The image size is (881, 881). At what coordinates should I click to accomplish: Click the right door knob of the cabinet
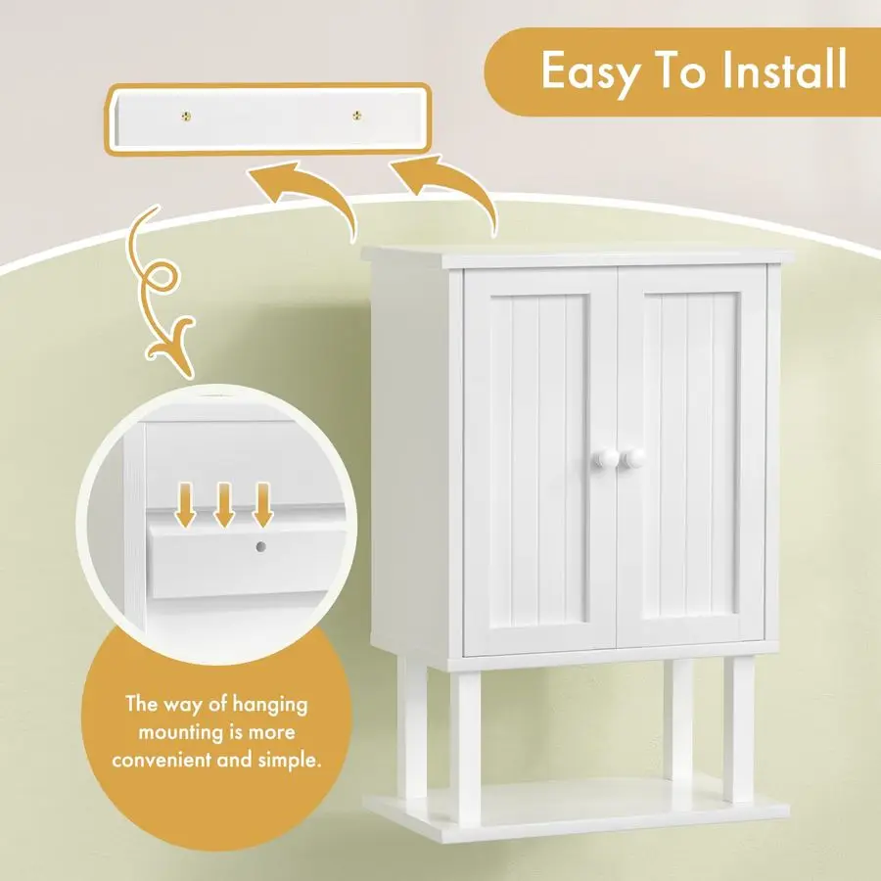point(632,458)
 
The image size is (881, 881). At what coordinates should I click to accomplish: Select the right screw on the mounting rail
point(356,116)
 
